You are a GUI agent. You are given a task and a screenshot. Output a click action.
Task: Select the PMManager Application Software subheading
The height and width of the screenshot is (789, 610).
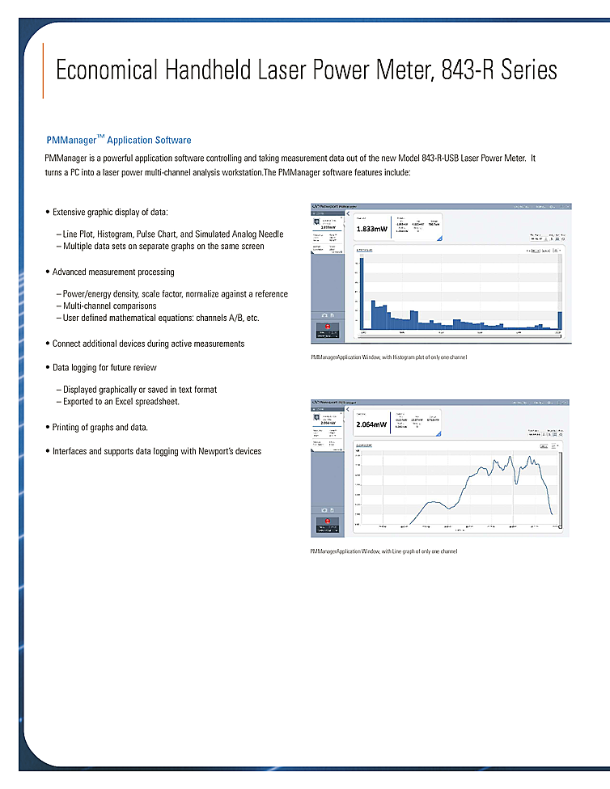point(119,140)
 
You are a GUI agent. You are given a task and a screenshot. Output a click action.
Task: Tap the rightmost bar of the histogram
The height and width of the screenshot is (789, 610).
point(560,321)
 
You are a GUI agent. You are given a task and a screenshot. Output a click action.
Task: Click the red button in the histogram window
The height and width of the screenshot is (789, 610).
point(328,325)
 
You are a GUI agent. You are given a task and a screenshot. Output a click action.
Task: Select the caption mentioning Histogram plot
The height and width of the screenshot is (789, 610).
point(388,357)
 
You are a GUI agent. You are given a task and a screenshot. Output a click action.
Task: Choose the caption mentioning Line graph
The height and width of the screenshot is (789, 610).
point(383,551)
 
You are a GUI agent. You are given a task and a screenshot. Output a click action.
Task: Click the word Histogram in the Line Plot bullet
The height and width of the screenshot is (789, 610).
point(116,234)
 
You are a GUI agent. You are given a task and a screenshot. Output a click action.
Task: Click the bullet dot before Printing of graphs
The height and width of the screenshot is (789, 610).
point(48,427)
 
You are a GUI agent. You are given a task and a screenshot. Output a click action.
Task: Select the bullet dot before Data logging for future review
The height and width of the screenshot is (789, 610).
point(48,368)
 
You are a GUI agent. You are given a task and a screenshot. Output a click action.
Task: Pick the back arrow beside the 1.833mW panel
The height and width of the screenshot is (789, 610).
point(348,215)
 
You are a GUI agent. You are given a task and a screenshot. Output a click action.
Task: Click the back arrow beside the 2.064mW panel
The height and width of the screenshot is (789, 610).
point(348,407)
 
